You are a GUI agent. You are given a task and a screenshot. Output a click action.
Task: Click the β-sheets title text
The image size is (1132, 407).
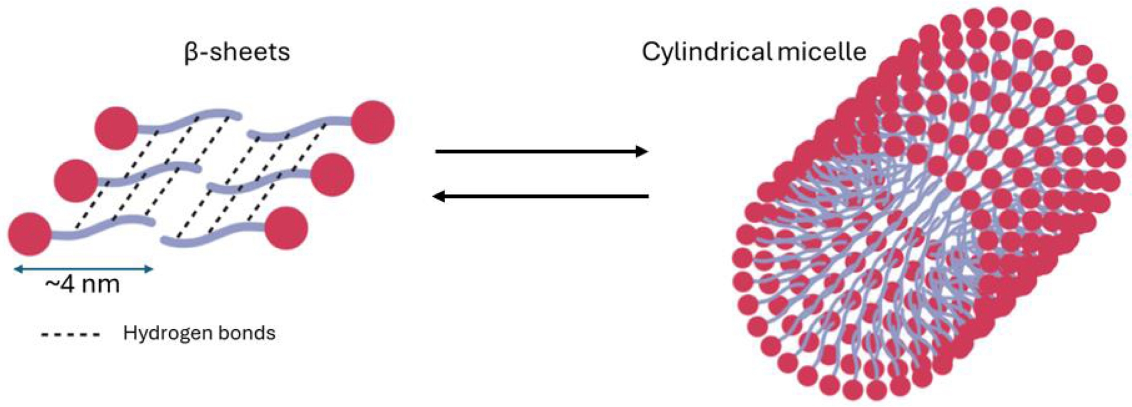click(x=237, y=52)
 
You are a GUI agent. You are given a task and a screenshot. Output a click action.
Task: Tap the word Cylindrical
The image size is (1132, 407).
click(x=707, y=52)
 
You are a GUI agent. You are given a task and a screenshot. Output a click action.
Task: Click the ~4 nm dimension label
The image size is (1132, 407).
click(x=83, y=284)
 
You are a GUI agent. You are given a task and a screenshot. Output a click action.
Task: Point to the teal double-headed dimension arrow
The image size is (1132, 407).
click(x=83, y=269)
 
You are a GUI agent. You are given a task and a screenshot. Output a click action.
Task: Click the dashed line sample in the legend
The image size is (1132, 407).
click(x=71, y=335)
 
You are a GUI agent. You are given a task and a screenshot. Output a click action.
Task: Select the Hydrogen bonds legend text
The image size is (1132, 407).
click(x=199, y=333)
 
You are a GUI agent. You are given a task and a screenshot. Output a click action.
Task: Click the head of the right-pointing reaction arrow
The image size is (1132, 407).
click(x=641, y=151)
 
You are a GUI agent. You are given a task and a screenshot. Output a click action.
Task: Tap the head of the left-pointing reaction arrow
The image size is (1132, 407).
click(x=440, y=196)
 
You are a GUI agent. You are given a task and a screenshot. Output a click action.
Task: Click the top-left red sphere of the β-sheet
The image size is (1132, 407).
click(x=116, y=128)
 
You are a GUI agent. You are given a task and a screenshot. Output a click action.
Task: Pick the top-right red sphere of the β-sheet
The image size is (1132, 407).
click(x=372, y=122)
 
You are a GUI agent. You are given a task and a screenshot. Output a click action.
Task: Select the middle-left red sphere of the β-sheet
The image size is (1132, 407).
click(x=75, y=180)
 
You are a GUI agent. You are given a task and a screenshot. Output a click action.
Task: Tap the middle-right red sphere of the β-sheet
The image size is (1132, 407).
click(x=331, y=175)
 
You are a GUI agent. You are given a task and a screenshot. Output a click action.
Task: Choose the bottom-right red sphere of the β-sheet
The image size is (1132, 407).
click(x=286, y=228)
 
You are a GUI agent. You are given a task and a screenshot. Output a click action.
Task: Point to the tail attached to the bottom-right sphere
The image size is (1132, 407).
click(x=212, y=233)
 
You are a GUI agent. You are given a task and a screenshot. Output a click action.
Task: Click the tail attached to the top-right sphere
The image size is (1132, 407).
click(x=301, y=131)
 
